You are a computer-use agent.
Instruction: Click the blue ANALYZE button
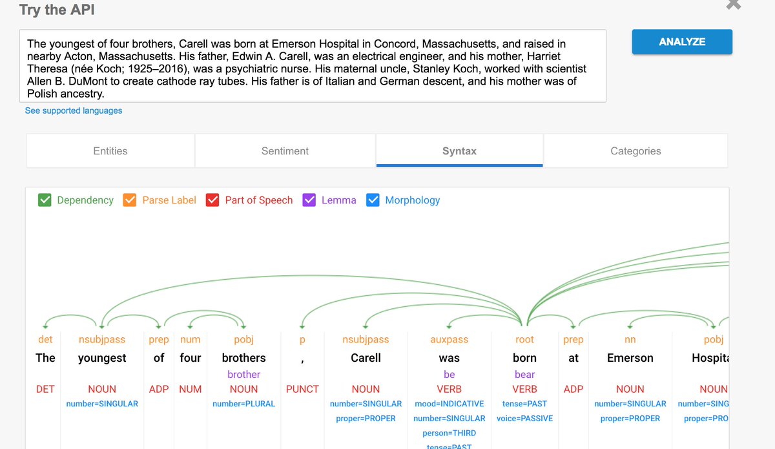click(x=682, y=42)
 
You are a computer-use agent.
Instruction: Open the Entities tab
click(x=110, y=151)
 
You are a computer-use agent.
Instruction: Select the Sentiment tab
click(x=285, y=151)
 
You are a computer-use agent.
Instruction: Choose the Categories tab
click(x=635, y=151)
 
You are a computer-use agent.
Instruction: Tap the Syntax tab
click(x=459, y=151)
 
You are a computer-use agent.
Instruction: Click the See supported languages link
click(x=74, y=110)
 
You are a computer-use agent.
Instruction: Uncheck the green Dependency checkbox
click(x=45, y=200)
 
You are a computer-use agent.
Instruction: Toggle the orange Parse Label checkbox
click(x=130, y=200)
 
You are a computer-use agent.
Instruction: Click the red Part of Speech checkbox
click(x=212, y=200)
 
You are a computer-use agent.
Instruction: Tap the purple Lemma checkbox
click(x=309, y=200)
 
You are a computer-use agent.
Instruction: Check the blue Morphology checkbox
click(x=373, y=200)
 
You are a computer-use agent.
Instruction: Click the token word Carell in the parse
click(x=366, y=358)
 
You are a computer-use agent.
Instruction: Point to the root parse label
click(x=524, y=340)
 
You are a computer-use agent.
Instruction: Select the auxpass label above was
click(x=449, y=340)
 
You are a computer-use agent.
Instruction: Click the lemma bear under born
click(x=524, y=375)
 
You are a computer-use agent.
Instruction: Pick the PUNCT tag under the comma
click(x=302, y=389)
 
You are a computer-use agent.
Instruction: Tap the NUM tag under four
click(x=190, y=389)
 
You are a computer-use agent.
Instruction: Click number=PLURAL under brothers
click(x=243, y=404)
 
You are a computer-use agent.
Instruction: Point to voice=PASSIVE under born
click(x=524, y=418)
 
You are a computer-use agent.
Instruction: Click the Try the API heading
click(x=57, y=10)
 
